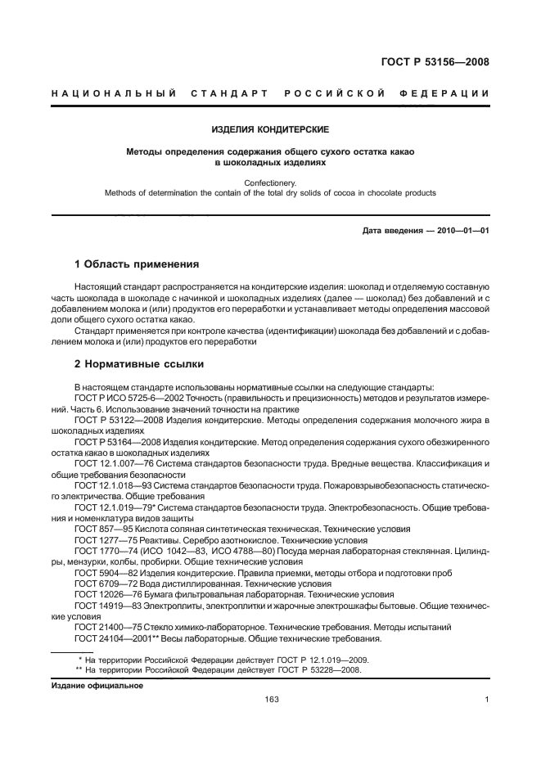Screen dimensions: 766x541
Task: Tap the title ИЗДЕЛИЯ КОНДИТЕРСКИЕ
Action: pos(270,129)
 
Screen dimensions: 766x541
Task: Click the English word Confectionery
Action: pos(270,183)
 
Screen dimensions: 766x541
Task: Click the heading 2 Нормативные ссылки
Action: pos(139,363)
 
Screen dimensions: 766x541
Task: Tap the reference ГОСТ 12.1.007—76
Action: pos(110,464)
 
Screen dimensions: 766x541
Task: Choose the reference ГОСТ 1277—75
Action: pos(102,541)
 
